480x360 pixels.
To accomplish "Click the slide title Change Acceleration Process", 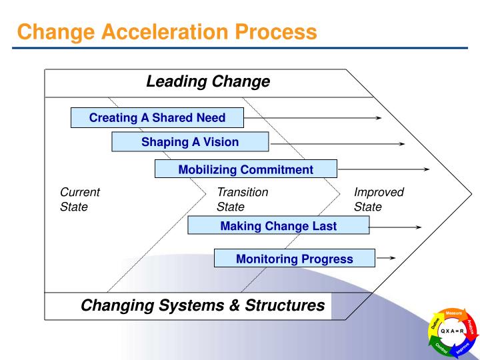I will pos(167,31).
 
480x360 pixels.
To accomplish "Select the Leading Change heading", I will pos(208,82).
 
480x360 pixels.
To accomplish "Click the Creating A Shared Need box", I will pos(157,118).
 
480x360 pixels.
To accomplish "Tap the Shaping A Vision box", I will pos(190,142).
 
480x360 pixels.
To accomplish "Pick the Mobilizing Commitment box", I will pos(245,169).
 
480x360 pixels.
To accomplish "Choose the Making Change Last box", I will pos(278,226).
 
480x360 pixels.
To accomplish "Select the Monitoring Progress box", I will pos(294,259).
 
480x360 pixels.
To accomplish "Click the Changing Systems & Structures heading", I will pos(203,305).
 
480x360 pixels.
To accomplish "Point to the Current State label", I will pos(79,199).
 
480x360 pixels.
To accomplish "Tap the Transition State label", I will pos(242,199).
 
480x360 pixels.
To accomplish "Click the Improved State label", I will pos(379,199).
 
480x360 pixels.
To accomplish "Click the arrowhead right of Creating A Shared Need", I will pos(378,118).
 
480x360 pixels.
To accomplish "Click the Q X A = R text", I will pos(451,331).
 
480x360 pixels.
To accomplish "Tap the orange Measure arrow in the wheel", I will pos(454,313).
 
